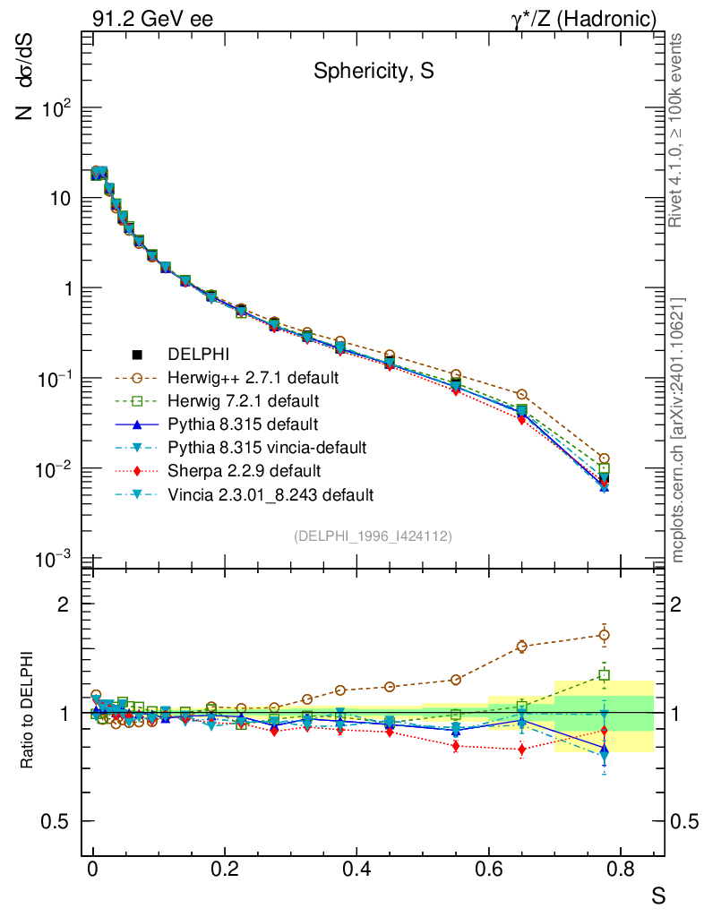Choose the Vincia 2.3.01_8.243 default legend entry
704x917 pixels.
pyautogui.click(x=258, y=493)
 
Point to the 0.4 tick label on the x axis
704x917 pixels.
pyautogui.click(x=356, y=870)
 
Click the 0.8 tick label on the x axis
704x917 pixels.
pyautogui.click(x=620, y=870)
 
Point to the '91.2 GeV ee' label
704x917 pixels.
pyautogui.click(x=152, y=19)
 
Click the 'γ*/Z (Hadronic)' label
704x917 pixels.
pyautogui.click(x=585, y=19)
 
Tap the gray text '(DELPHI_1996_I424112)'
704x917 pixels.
pyautogui.click(x=373, y=536)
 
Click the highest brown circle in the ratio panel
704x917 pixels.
pyautogui.click(x=605, y=635)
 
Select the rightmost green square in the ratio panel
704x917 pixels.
pyautogui.click(x=605, y=675)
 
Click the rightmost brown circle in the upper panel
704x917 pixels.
pyautogui.click(x=605, y=458)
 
